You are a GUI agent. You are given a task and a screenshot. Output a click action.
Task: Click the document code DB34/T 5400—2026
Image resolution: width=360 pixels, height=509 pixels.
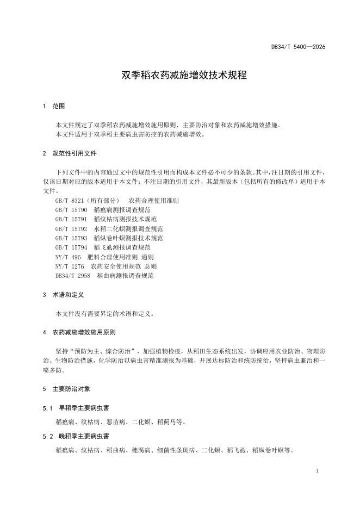(298, 47)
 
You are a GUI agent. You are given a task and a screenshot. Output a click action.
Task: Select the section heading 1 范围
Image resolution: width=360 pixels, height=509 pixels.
(53, 106)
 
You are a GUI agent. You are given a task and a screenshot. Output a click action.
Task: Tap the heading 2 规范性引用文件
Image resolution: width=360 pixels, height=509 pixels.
(69, 154)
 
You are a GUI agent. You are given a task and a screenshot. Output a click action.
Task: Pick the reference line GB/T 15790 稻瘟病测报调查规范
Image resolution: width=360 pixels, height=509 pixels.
(103, 210)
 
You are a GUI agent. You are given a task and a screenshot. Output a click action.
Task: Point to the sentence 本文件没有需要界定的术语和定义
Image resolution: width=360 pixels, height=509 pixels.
(105, 314)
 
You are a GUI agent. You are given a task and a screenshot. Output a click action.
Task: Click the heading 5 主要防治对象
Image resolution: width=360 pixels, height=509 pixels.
(69, 389)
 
